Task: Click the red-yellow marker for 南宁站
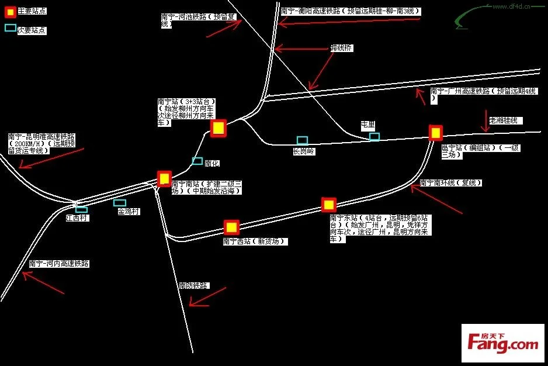pyautogui.click(x=218, y=128)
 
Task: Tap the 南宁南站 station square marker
pyautogui.click(x=164, y=178)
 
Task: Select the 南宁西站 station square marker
pyautogui.click(x=232, y=227)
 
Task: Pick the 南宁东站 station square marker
pyautogui.click(x=329, y=205)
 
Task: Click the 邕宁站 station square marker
pyautogui.click(x=435, y=133)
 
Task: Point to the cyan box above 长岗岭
pyautogui.click(x=302, y=140)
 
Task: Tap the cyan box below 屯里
pyautogui.click(x=374, y=137)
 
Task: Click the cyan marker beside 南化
pyautogui.click(x=197, y=161)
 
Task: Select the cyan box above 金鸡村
pyautogui.click(x=120, y=203)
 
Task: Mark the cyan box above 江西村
pyautogui.click(x=81, y=209)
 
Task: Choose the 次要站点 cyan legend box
pyautogui.click(x=11, y=27)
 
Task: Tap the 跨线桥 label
pyautogui.click(x=342, y=48)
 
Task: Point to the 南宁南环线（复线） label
pyautogui.click(x=450, y=183)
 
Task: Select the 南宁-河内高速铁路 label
pyautogui.click(x=59, y=264)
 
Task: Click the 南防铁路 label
pyautogui.click(x=193, y=285)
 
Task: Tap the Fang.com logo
pyautogui.click(x=502, y=343)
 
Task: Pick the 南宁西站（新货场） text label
pyautogui.click(x=255, y=241)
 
